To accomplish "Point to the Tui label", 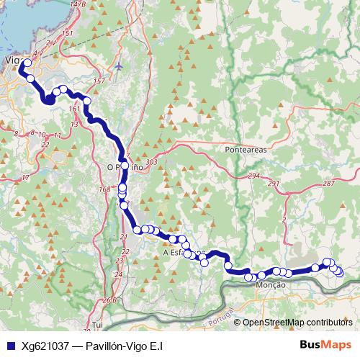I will (98, 325).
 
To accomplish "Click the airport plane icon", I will (119, 66).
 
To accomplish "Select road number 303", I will (150, 163).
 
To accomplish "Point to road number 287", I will (329, 184).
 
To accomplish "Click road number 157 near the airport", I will (99, 81).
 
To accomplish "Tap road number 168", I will (105, 189).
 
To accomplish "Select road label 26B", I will (109, 300).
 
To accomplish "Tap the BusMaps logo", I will (326, 346).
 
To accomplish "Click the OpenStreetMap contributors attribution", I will (297, 322).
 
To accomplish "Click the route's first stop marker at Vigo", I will (27, 63).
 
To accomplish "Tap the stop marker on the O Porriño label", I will (124, 166).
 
